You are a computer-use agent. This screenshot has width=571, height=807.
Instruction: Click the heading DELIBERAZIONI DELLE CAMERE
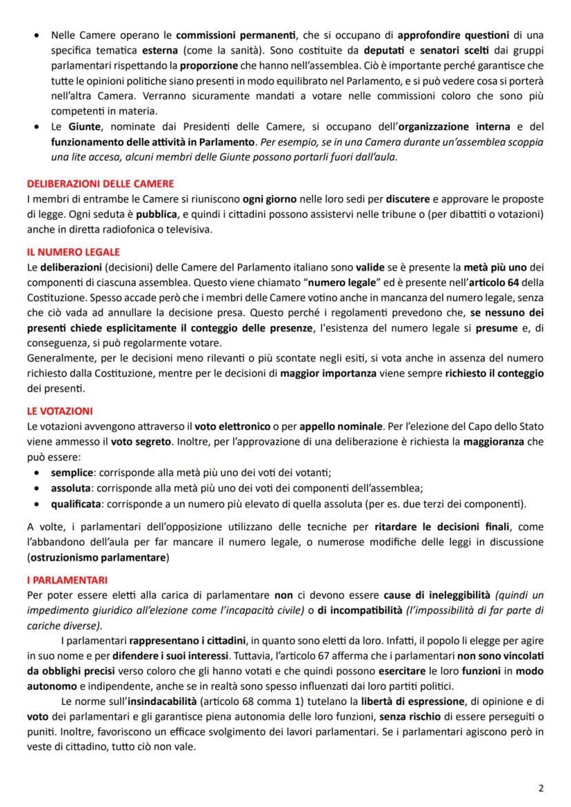(100, 184)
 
